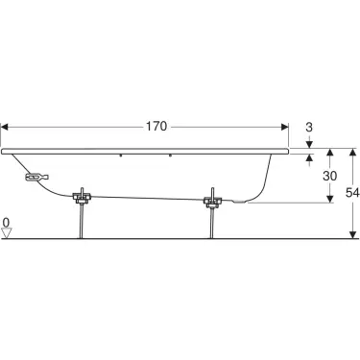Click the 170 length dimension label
pos(156,127)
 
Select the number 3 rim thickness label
pos(309,128)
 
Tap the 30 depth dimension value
pos(329,176)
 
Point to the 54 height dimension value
pos(352,193)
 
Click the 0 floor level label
pos(6,222)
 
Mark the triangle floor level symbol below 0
pos(7,233)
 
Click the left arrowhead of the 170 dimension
pos(5,127)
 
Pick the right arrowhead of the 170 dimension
pos(284,127)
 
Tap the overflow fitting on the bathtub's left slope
pos(36,177)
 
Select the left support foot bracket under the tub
pos(83,197)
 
